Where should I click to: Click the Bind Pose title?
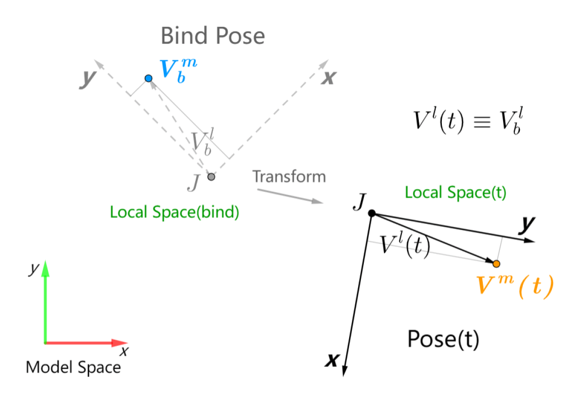tap(213, 36)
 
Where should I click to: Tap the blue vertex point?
tap(149, 78)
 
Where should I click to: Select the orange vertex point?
tap(496, 263)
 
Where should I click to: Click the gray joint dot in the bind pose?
tap(211, 177)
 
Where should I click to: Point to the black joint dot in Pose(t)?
tap(372, 213)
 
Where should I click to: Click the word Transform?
tap(289, 176)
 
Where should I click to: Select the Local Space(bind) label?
tap(175, 212)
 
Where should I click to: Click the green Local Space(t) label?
tap(455, 192)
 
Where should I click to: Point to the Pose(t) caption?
tap(443, 339)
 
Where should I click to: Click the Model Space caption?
tap(73, 367)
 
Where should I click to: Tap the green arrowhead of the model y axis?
tap(45, 268)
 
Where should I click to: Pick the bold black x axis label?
tap(333, 360)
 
